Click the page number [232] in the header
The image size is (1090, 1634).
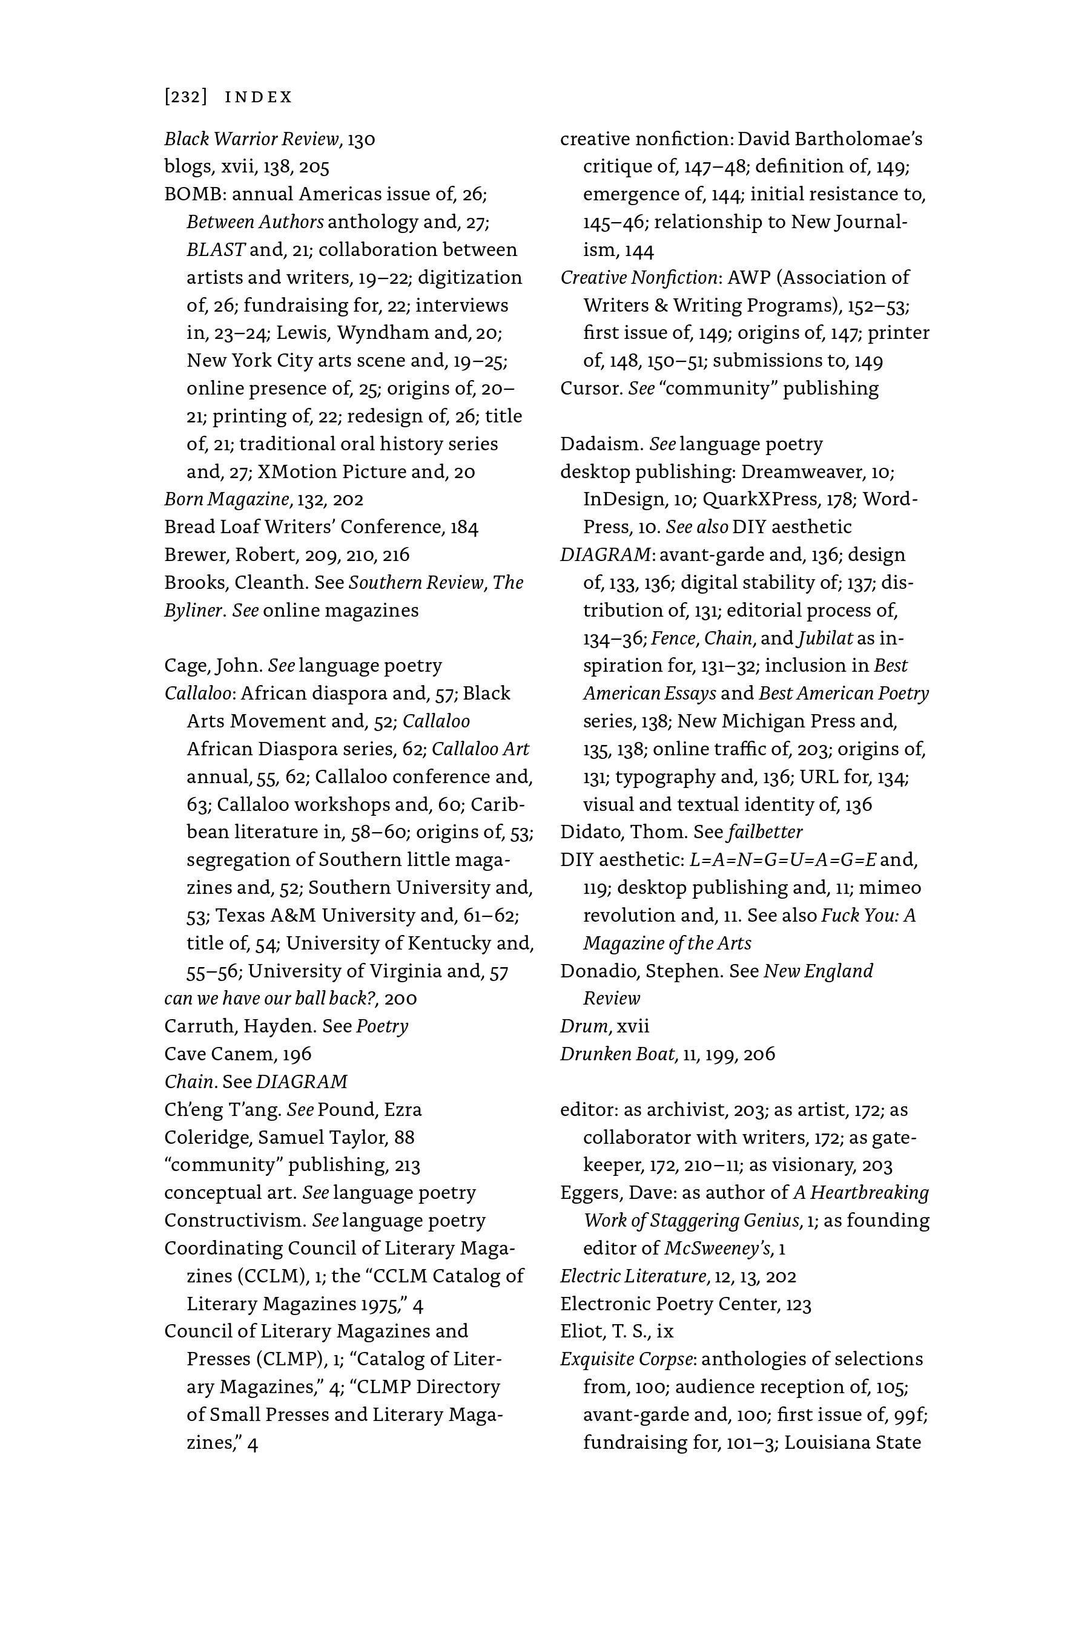(186, 97)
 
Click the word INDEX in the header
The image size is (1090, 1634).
(259, 97)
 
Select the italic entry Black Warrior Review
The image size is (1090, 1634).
(251, 139)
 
